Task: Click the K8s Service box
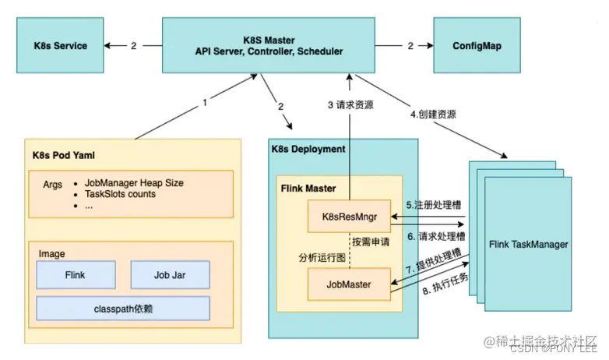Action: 60,46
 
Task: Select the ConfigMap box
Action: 476,46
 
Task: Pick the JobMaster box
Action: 350,284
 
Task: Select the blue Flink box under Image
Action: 76,275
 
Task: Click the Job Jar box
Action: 169,275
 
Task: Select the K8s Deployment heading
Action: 308,148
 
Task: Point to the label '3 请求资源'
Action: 350,105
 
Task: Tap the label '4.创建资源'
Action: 433,114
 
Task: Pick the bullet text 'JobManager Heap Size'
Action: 134,183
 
